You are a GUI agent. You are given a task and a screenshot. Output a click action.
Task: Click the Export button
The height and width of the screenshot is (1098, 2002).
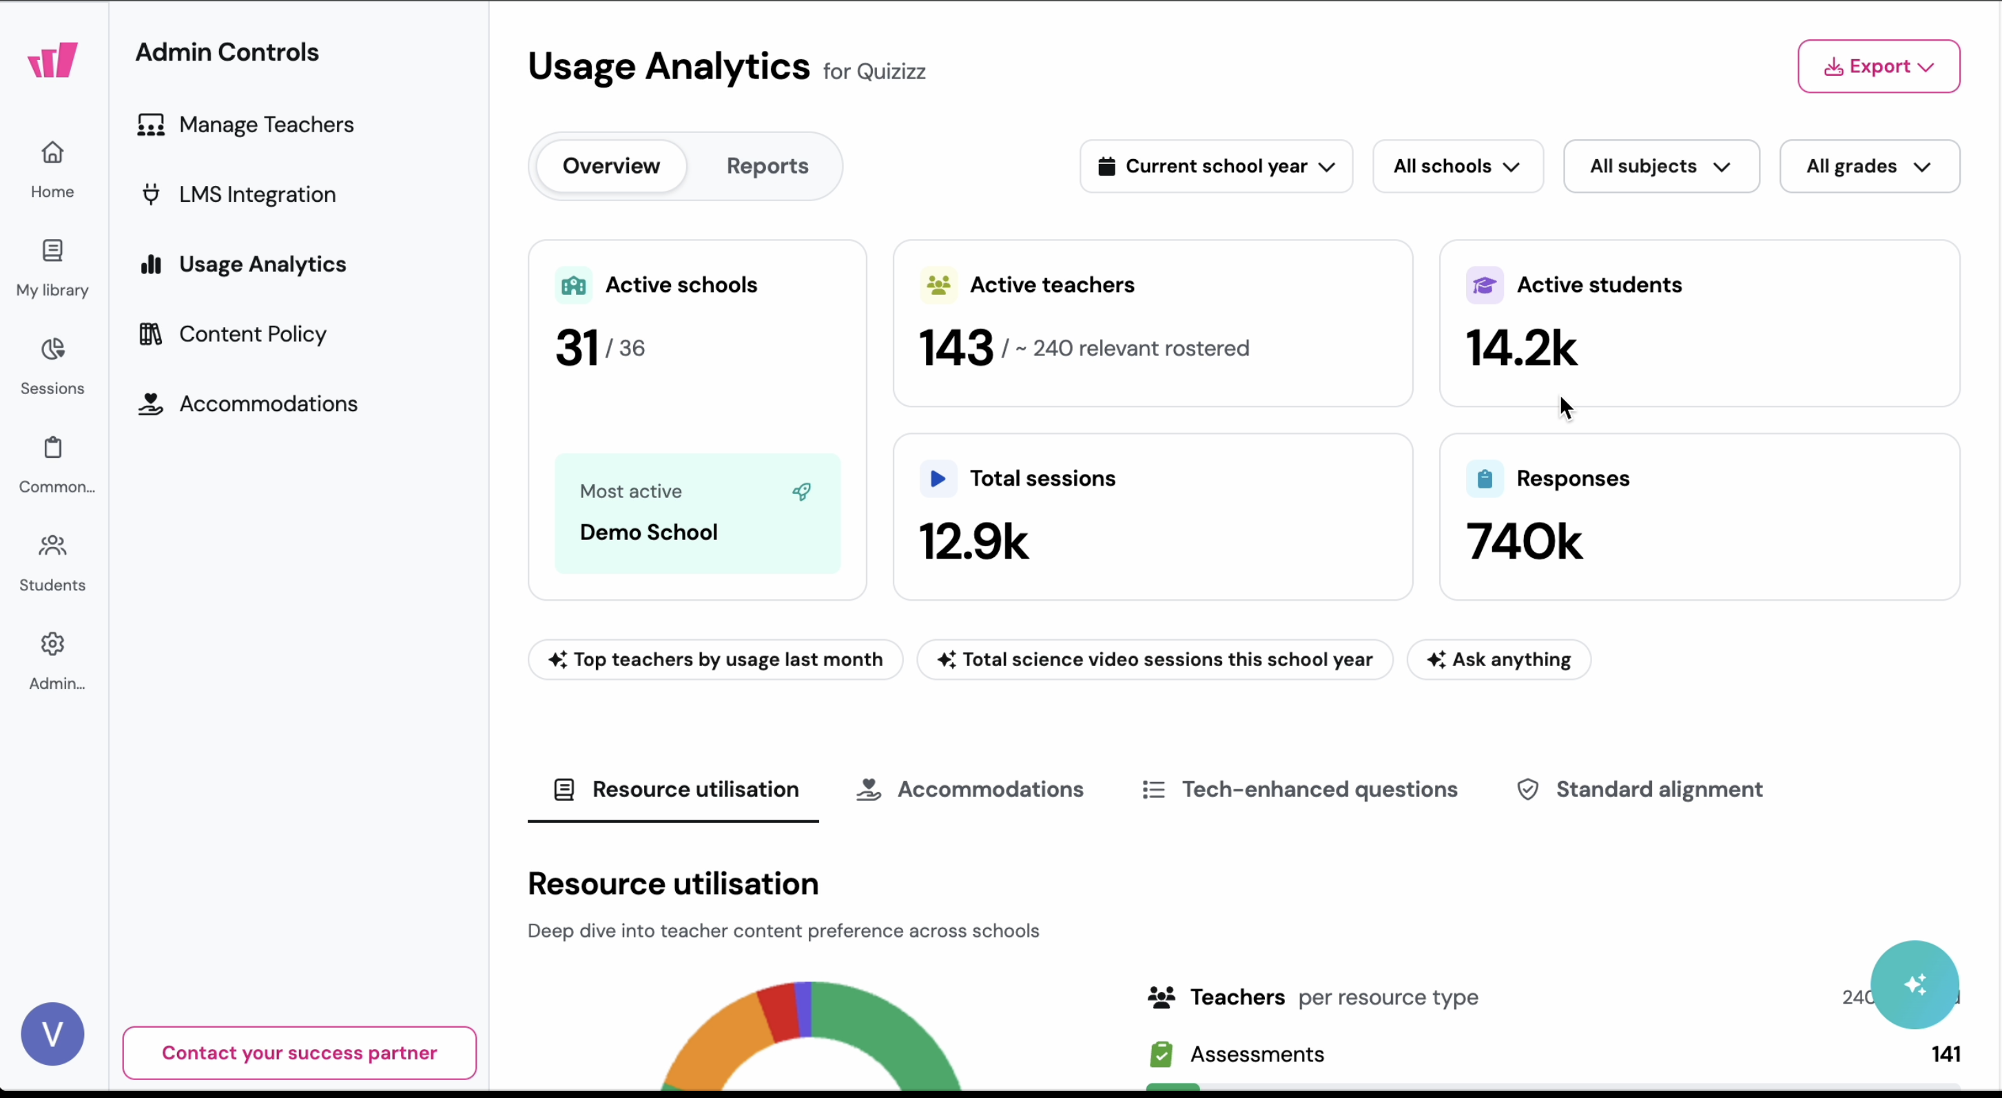[1878, 66]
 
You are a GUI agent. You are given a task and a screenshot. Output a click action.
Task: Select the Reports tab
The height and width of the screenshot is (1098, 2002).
[766, 165]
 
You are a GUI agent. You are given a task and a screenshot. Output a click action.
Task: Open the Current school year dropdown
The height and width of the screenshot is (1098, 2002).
[1215, 166]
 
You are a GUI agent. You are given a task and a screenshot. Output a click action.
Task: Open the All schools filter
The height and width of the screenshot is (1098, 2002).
[1456, 166]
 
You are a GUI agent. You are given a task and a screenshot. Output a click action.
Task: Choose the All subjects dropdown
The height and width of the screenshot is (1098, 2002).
[1660, 166]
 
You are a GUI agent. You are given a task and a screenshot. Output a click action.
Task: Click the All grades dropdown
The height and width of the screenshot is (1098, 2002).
[1868, 166]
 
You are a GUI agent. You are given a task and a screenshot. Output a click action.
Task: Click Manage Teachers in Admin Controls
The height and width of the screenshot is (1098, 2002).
[266, 124]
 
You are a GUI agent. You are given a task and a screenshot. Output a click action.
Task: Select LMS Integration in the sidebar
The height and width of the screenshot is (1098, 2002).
[256, 194]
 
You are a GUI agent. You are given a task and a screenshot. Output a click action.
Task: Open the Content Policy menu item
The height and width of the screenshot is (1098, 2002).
[252, 334]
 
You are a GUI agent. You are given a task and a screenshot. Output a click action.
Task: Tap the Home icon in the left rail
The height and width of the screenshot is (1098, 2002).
[52, 153]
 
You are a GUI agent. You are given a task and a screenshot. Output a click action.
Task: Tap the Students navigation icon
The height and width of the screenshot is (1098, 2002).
[52, 546]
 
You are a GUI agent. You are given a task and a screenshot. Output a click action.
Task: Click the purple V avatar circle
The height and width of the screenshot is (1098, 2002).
[52, 1033]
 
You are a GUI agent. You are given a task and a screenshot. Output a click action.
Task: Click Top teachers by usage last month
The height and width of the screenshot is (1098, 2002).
[714, 660]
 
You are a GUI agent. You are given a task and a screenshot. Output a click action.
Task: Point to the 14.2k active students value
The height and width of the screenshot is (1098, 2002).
[1520, 347]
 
